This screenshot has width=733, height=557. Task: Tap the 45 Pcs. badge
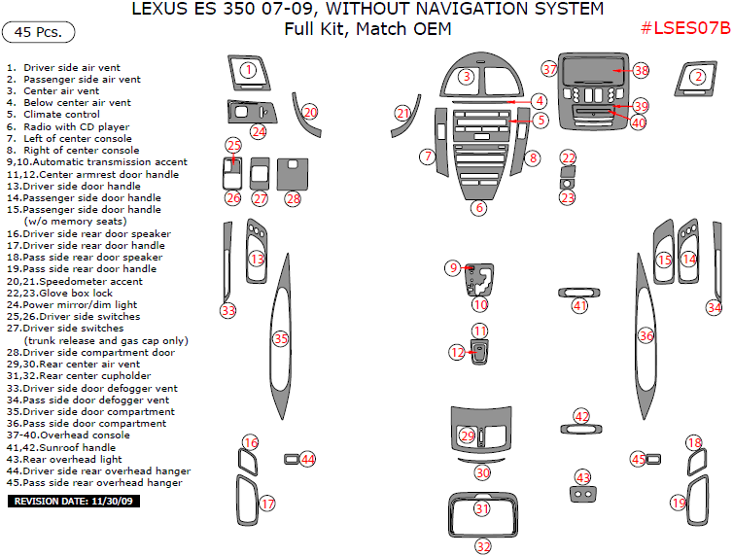[39, 32]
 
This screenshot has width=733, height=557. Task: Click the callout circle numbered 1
[249, 69]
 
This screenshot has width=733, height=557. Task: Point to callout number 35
[280, 338]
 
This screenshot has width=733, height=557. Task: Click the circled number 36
[646, 334]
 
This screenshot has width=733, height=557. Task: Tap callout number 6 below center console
[478, 207]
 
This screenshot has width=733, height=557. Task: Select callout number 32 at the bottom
[483, 546]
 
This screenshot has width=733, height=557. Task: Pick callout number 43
[582, 477]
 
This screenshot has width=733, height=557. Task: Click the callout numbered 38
[641, 70]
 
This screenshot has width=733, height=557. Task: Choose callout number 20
[310, 113]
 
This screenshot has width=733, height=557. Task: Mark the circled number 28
[293, 198]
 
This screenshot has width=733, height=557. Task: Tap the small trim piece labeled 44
[291, 459]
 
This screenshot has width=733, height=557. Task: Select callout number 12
[457, 352]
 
